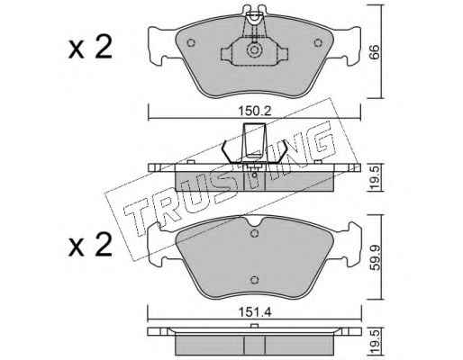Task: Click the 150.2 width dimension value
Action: [255, 112]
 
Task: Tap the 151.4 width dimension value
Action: [255, 312]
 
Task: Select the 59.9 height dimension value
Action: [374, 258]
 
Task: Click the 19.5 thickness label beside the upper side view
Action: [375, 177]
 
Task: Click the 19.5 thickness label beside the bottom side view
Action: [375, 341]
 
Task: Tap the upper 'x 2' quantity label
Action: [90, 47]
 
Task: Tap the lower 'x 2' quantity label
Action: [90, 245]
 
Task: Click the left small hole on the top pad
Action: [191, 43]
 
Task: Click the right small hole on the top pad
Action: [318, 43]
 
